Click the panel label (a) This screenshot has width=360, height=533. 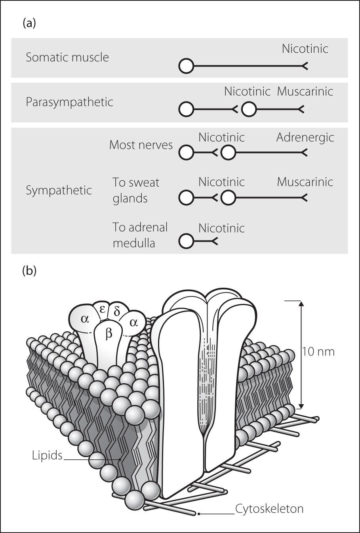point(29,23)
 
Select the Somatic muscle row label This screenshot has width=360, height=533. point(67,57)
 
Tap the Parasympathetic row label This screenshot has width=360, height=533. point(69,102)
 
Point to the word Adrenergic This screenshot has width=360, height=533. point(305,138)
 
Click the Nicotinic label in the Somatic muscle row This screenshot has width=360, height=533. point(305,49)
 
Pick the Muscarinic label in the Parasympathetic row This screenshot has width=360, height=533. point(305,92)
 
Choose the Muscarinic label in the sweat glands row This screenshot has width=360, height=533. point(305,182)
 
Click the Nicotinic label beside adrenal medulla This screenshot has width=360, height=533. point(221,228)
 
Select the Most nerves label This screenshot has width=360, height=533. point(141,145)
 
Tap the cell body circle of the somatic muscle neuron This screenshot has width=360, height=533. point(186,66)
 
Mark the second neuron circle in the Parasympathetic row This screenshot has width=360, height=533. point(249,109)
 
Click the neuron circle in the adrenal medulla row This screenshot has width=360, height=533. point(186,241)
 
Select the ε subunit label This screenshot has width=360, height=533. point(103,309)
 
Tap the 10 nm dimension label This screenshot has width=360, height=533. point(318,351)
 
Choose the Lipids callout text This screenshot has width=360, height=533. point(47,456)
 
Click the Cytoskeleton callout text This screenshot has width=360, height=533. point(269,508)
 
